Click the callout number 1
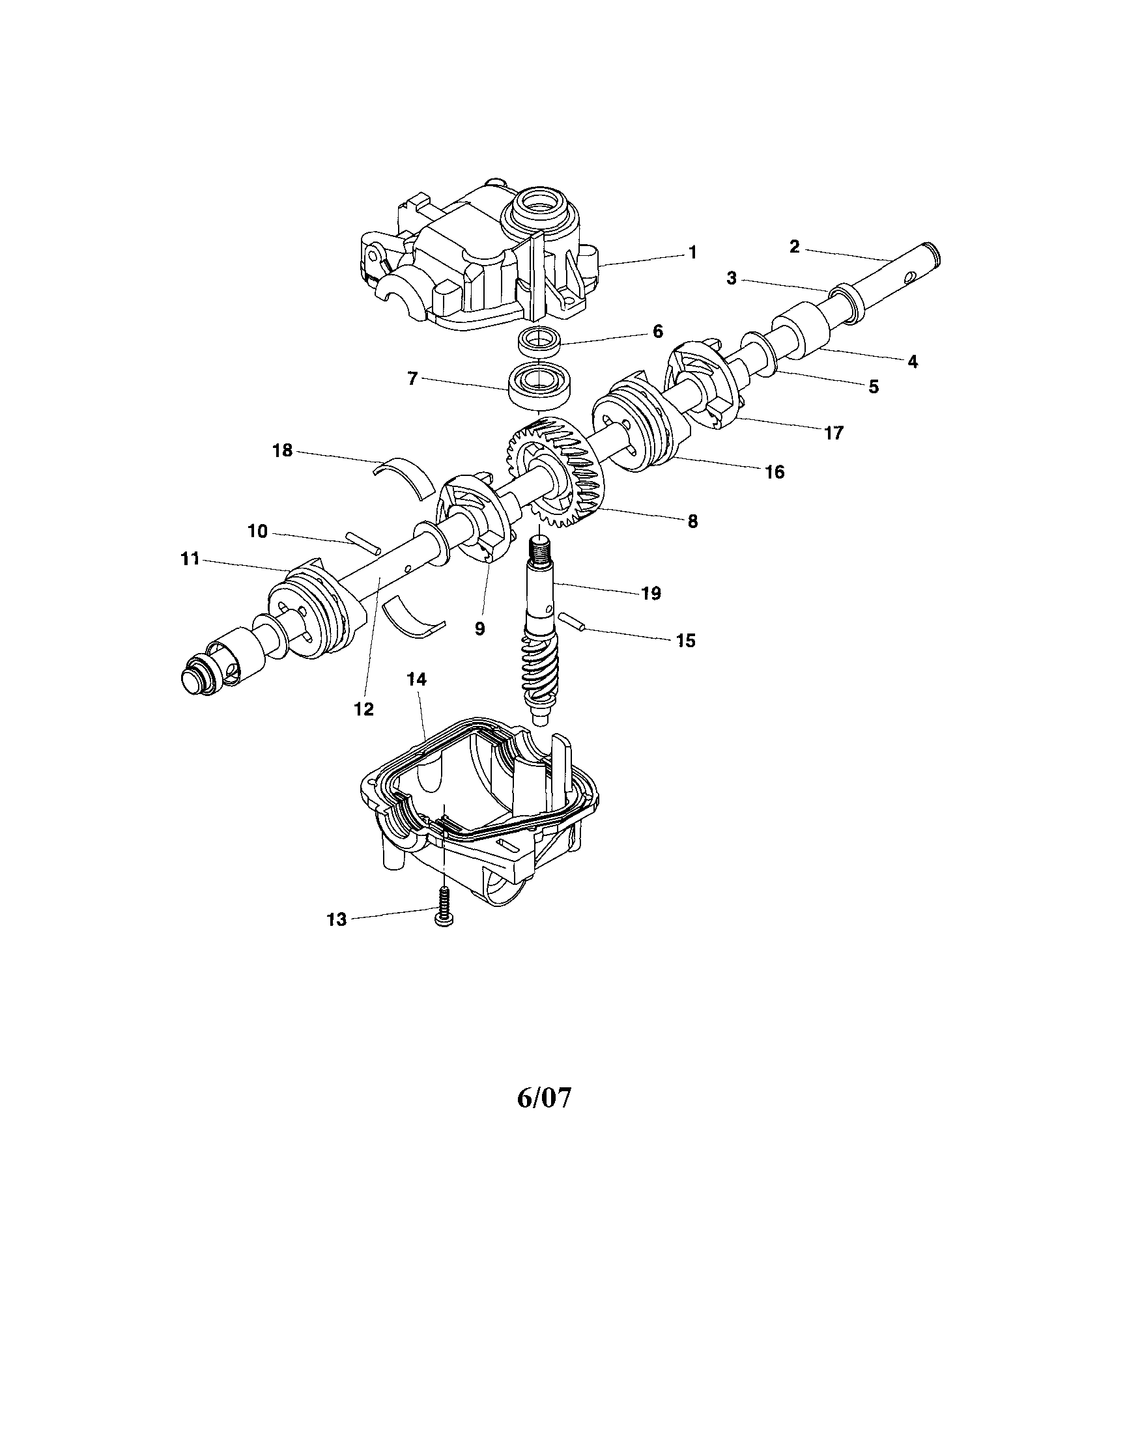[692, 252]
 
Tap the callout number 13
[337, 919]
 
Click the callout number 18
[283, 451]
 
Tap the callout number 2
[795, 247]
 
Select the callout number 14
[417, 679]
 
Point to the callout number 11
[190, 559]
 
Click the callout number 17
[833, 433]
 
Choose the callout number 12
[363, 709]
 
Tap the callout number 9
[479, 628]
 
